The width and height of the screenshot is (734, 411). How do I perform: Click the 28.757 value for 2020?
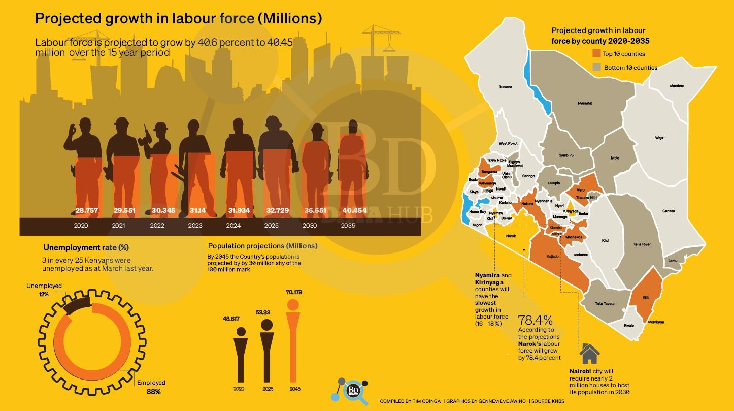click(87, 210)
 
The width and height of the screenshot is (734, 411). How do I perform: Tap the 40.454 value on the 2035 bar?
click(354, 210)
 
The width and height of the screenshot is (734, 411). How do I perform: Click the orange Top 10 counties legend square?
click(597, 54)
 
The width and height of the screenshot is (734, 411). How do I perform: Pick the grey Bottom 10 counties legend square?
click(597, 67)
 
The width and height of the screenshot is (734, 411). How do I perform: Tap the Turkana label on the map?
click(506, 87)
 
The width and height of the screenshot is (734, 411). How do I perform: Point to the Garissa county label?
click(669, 211)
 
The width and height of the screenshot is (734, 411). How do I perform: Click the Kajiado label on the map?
click(552, 256)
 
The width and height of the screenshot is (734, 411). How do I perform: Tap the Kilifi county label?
click(646, 297)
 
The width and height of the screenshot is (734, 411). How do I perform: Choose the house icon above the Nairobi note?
click(589, 354)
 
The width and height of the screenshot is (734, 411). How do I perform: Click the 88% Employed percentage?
click(154, 392)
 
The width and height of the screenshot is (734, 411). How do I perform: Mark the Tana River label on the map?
click(642, 244)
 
